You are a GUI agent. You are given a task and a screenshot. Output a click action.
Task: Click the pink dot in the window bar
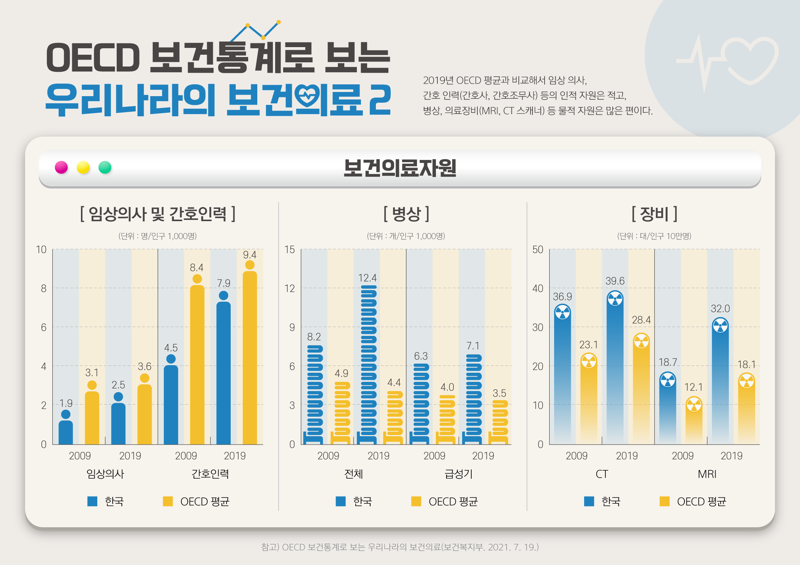61,167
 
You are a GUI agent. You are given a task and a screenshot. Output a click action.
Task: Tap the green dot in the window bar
105,167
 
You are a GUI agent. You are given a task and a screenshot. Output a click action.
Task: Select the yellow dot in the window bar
83,167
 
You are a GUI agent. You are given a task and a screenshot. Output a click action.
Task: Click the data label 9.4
250,255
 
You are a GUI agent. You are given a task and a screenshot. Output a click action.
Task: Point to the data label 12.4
368,278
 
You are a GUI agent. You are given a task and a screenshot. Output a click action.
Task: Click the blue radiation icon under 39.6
615,299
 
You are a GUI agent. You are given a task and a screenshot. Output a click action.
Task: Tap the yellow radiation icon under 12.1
694,404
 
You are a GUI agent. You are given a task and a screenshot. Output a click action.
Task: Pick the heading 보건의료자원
400,168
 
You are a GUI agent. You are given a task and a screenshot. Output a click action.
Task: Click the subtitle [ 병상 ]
406,214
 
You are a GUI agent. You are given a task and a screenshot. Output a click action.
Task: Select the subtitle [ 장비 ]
654,214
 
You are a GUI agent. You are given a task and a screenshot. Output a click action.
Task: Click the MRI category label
707,474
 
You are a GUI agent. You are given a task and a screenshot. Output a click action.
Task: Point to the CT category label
602,474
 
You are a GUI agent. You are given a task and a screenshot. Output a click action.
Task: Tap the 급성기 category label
459,474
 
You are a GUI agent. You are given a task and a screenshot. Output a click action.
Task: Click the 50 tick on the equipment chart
538,249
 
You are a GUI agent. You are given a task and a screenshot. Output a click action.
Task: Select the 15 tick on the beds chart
290,249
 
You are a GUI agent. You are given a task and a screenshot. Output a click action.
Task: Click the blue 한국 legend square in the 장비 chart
589,501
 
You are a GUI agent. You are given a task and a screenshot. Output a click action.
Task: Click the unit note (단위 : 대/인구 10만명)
654,236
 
